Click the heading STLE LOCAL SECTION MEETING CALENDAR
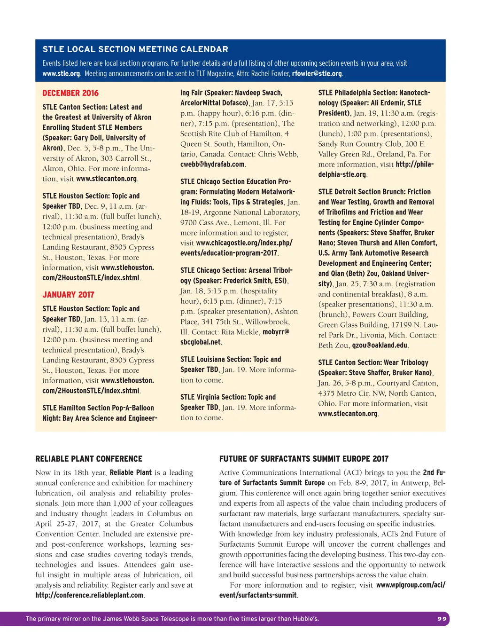[x=135, y=49]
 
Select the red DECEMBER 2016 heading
[x=70, y=93]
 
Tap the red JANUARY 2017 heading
[x=68, y=295]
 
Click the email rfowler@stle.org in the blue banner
[x=317, y=74]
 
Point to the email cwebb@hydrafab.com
[x=212, y=165]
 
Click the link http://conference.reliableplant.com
[x=89, y=595]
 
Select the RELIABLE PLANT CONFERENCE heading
[x=89, y=459]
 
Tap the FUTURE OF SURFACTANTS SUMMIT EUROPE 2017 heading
[x=304, y=459]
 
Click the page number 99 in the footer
[x=442, y=619]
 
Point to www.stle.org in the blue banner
[x=61, y=74]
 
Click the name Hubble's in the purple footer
[x=306, y=619]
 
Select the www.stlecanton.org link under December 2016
[x=107, y=179]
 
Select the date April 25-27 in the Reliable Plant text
[x=55, y=524]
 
